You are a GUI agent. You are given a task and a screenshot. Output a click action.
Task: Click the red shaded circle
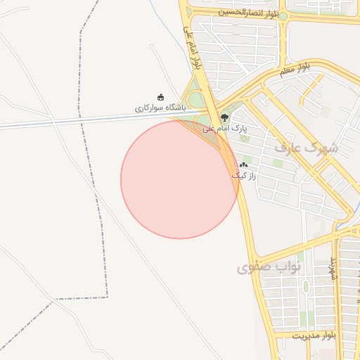tap(179, 180)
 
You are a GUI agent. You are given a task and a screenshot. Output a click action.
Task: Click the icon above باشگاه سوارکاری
tap(160, 97)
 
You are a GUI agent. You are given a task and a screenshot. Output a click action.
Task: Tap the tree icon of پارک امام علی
tap(224, 117)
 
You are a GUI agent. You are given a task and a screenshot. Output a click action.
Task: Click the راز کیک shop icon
tap(243, 164)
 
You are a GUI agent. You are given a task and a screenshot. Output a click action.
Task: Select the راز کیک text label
tap(243, 174)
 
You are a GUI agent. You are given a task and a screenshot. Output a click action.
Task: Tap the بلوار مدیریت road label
tap(314, 336)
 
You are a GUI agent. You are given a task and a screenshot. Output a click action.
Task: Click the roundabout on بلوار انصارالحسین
tap(285, 15)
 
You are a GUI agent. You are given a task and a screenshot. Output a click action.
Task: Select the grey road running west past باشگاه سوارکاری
tap(70, 122)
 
